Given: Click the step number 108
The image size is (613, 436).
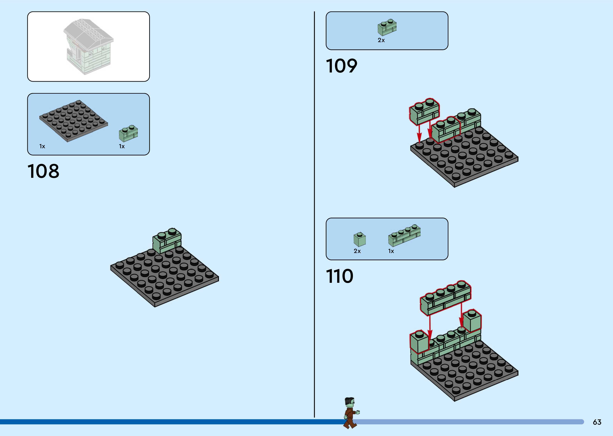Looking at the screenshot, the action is coord(43,171).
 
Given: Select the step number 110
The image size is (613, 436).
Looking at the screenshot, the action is coord(339,276).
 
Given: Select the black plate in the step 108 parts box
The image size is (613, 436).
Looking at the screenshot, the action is coord(74,121).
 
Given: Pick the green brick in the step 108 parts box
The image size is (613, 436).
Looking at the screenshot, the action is coord(129,133).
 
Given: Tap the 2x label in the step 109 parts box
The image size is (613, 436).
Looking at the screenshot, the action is coord(381,40).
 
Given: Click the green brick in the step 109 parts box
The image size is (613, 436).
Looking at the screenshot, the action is coord(387,27).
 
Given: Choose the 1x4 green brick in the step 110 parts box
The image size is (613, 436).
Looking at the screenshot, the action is coord(404,235).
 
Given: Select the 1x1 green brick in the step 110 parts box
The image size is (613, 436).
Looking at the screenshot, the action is coord(360,239).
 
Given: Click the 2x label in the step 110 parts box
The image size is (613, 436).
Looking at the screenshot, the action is coord(357,251).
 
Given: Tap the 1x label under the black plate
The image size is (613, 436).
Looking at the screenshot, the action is coord(42,146).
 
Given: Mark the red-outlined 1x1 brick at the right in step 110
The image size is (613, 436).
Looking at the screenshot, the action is coord(472,321).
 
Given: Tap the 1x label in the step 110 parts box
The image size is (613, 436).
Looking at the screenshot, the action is coord(391,251).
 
